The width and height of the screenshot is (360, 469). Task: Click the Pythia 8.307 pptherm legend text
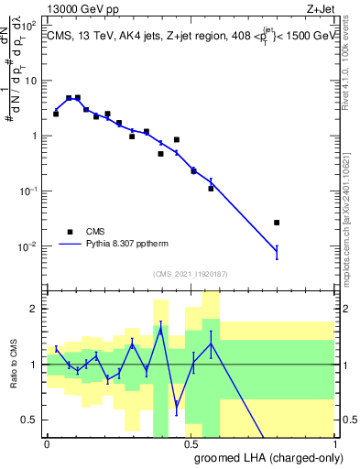135,245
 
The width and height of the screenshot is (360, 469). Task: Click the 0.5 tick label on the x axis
191,443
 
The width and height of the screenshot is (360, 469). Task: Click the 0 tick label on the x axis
47,443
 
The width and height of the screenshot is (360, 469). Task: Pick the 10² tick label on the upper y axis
30,25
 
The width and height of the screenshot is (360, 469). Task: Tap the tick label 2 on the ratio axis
34,309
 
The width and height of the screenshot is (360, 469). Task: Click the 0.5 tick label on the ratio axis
29,420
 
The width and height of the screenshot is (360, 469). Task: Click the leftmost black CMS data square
56,115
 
